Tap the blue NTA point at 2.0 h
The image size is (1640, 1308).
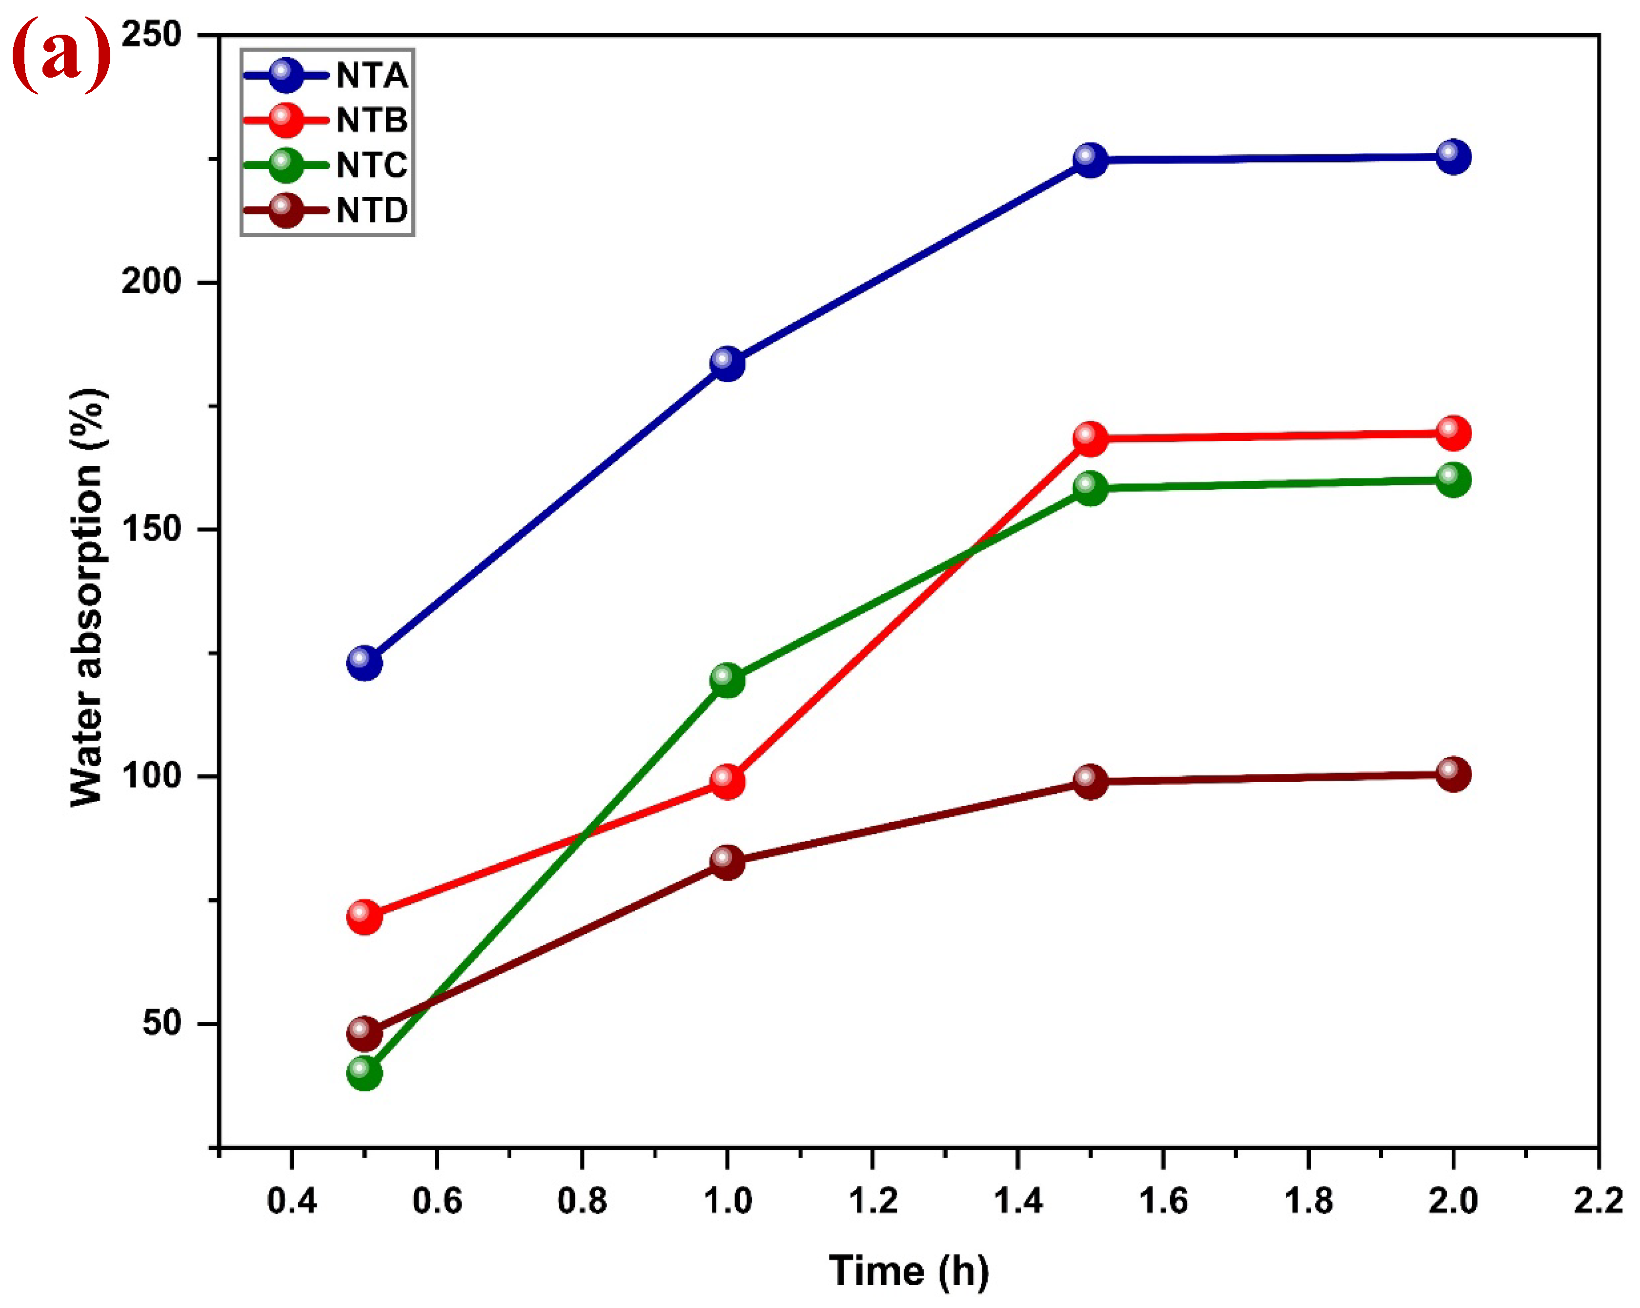1453,157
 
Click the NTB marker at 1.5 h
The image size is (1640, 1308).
1090,439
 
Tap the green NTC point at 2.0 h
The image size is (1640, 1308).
1453,480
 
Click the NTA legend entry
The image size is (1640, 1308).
327,75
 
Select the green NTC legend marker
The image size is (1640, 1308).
286,165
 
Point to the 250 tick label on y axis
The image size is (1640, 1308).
152,35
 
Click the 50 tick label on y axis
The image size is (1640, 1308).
162,1023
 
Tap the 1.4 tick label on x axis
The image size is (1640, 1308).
1018,1201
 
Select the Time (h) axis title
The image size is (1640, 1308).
909,1271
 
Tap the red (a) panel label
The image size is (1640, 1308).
61,55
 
